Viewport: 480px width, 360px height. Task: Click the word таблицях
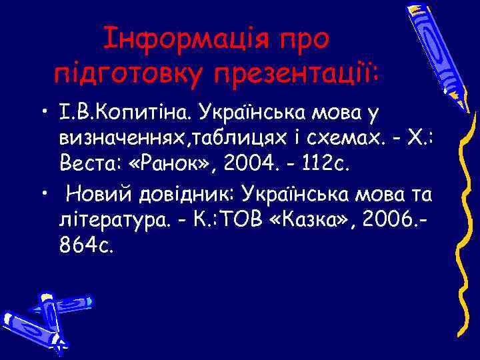pyautogui.click(x=223, y=137)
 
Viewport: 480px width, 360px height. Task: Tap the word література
pyautogui.click(x=108, y=221)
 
